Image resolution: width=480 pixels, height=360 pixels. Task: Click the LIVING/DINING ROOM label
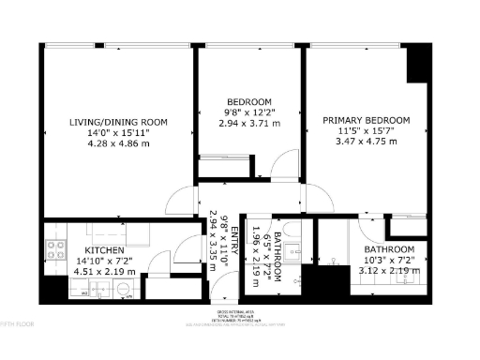[118, 122]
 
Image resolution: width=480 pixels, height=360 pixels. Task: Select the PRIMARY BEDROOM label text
[367, 121]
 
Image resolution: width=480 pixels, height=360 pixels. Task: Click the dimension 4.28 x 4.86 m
[118, 143]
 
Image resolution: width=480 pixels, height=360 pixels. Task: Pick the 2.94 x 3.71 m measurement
[248, 123]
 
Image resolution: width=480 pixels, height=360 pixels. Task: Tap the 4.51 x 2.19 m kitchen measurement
[105, 271]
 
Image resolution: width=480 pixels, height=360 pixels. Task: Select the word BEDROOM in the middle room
[248, 101]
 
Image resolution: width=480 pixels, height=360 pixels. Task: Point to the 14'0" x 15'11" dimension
[118, 133]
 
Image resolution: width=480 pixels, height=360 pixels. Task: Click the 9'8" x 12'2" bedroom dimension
[248, 112]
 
